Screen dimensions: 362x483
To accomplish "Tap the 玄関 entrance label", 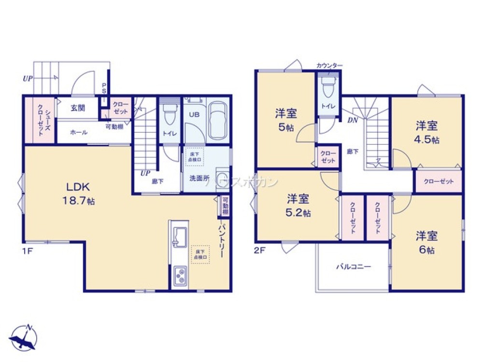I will [x=78, y=108].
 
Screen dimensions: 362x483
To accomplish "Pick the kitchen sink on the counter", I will [x=180, y=236].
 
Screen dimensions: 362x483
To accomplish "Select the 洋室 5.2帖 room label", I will [x=298, y=205].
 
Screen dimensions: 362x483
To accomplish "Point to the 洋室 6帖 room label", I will [x=427, y=243].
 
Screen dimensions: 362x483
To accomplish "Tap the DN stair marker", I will [x=353, y=120].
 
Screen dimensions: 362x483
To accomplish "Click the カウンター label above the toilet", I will [x=329, y=65].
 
